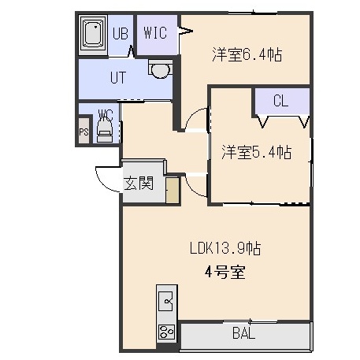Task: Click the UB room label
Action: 121,33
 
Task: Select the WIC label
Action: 155,33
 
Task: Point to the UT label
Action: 118,77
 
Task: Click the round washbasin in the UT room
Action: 160,69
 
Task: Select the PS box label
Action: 84,132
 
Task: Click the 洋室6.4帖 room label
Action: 247,54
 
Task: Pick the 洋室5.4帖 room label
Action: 257,152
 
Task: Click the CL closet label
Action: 280,101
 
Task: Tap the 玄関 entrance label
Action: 139,183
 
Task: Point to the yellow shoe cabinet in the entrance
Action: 173,190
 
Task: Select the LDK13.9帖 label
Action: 225,248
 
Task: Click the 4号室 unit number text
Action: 225,272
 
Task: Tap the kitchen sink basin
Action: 166,301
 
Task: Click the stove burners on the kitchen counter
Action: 167,332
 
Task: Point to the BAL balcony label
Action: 244,333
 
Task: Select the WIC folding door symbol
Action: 185,31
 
